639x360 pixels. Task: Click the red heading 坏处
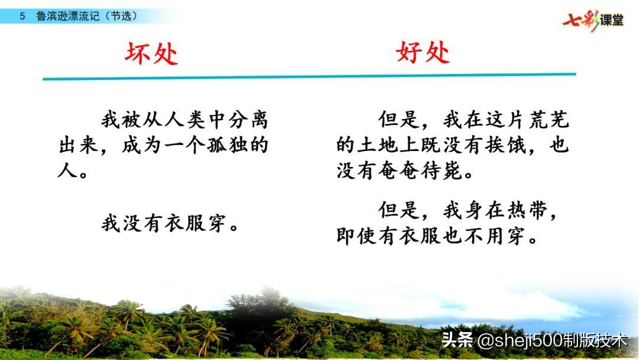coord(151,54)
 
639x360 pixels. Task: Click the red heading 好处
coord(422,53)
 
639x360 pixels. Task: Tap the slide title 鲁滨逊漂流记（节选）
coord(86,17)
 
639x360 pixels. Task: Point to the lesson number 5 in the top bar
coord(22,17)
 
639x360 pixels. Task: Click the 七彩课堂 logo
coord(593,21)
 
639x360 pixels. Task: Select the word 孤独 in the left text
coord(225,146)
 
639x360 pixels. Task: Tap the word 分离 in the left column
coord(246,120)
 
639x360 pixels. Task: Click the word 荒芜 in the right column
coord(547,120)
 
